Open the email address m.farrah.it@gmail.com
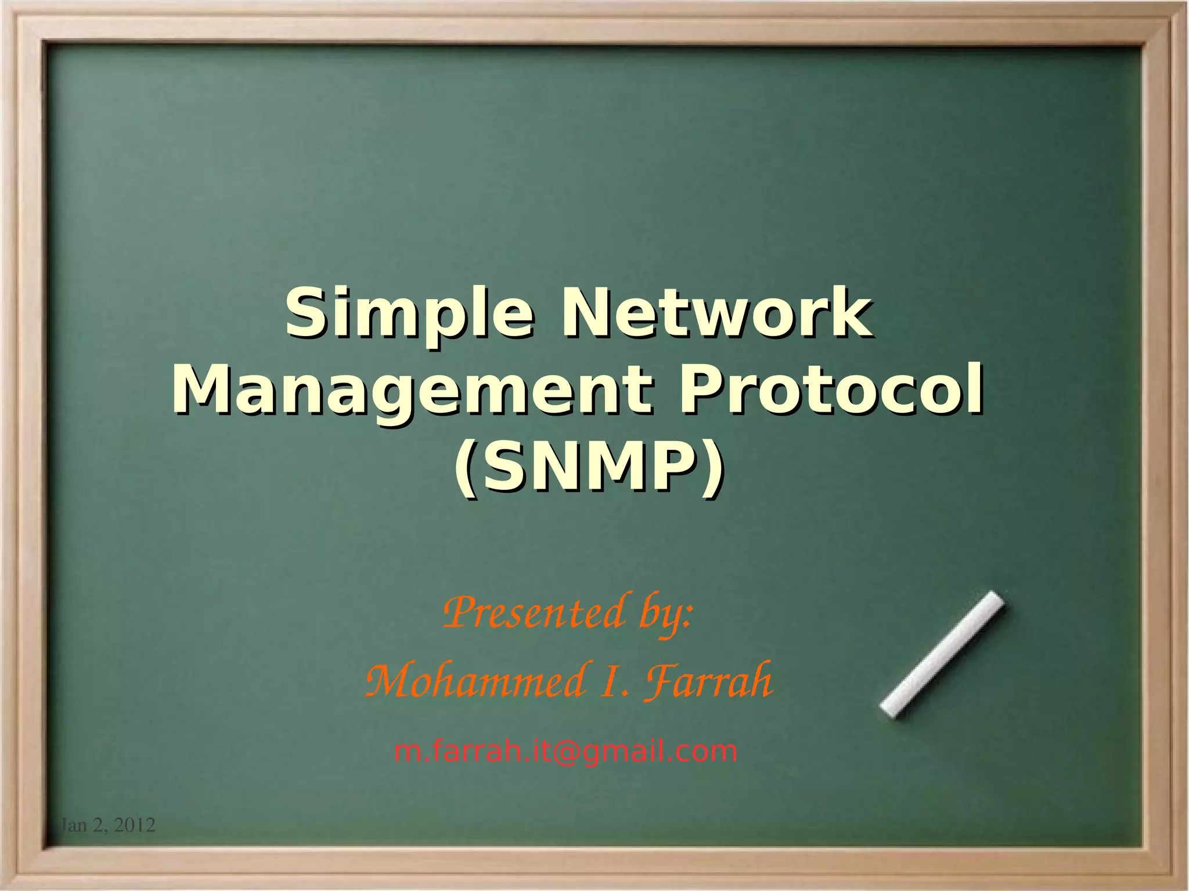click(565, 751)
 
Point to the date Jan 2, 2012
click(108, 825)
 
